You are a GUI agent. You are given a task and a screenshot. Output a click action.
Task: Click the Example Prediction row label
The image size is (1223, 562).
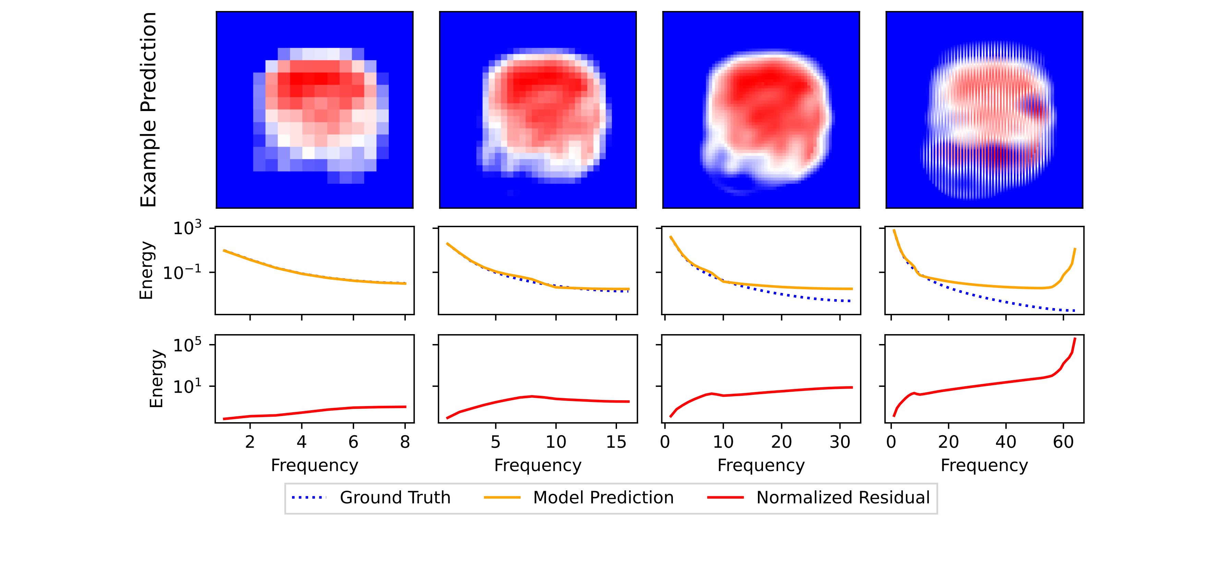tap(149, 110)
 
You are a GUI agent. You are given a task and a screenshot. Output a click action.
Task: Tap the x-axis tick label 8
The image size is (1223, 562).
tap(404, 442)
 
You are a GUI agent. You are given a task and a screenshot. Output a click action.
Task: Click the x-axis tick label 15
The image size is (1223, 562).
tap(616, 442)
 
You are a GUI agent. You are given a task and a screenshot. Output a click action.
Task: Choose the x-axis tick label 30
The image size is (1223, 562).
tap(839, 442)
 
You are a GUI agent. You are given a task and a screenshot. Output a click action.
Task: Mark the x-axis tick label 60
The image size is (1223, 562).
tap(1063, 442)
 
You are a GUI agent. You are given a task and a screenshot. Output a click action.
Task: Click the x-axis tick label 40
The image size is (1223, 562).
tap(1006, 442)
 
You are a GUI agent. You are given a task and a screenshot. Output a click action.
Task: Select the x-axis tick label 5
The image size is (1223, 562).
tap(495, 442)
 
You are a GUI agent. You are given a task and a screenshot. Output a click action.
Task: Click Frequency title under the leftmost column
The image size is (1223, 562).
tap(314, 465)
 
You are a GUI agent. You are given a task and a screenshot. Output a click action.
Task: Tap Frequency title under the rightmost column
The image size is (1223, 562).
tap(984, 465)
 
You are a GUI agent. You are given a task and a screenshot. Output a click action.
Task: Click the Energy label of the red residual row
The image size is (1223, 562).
tap(157, 379)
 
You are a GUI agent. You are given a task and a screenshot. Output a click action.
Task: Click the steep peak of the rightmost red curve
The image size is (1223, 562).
tap(1074, 339)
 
